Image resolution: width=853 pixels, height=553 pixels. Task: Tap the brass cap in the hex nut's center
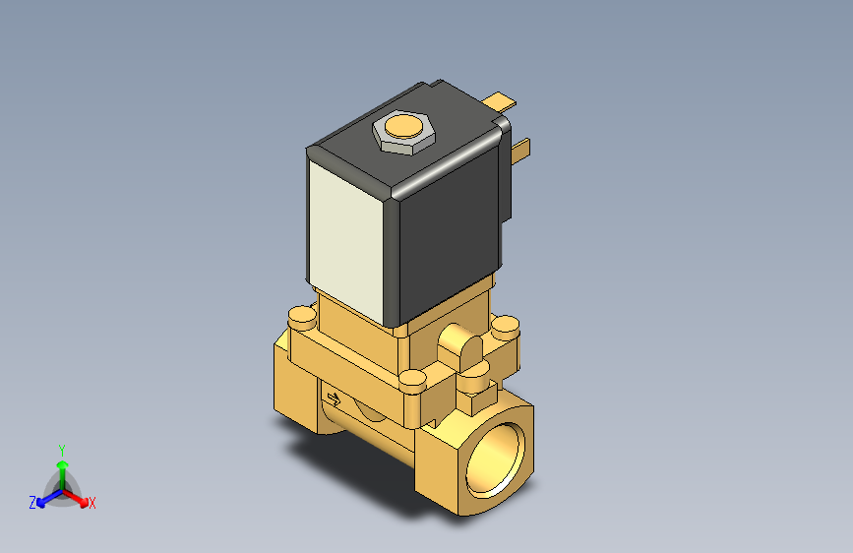401,127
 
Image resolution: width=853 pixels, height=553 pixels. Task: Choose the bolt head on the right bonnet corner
505,324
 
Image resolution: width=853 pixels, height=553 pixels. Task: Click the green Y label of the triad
61,448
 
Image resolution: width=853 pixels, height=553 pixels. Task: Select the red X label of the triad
92,504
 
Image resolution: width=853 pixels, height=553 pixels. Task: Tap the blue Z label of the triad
32,503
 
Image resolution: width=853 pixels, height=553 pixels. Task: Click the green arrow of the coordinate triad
62,466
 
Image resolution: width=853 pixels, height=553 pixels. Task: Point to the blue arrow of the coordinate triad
45,498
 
